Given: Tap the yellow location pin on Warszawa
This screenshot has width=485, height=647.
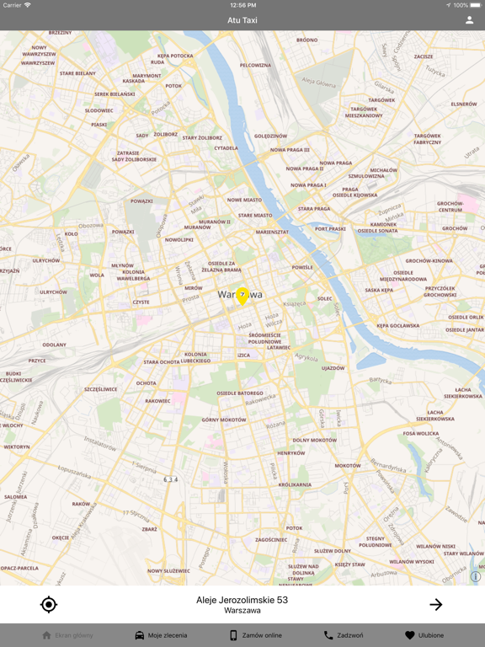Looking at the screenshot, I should click(x=242, y=296).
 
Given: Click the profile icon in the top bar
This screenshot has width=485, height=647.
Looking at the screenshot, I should click(x=470, y=20).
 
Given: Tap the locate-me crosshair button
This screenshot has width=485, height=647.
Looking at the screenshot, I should click(x=49, y=604).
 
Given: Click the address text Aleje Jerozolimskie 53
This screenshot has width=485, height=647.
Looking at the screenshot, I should click(x=242, y=600).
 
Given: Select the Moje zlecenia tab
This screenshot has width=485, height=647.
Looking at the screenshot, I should click(x=161, y=635).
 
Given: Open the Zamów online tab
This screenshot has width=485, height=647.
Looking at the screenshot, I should click(x=255, y=635).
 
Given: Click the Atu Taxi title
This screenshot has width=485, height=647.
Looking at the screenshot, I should click(x=242, y=20).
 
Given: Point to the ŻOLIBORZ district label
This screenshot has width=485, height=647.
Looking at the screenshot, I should click(x=166, y=134).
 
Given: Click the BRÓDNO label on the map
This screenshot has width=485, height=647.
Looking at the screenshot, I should click(x=306, y=40).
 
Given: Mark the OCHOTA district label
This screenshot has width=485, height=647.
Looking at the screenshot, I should click(x=146, y=382).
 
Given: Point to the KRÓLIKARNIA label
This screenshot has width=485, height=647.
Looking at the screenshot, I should click(x=295, y=484).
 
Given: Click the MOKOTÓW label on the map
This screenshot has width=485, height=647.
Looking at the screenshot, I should click(x=348, y=465).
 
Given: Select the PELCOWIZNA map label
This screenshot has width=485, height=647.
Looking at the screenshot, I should click(x=255, y=65).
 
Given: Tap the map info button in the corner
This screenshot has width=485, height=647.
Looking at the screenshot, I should click(x=476, y=577).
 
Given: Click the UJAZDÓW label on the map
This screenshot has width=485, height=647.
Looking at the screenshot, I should click(x=333, y=368).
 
